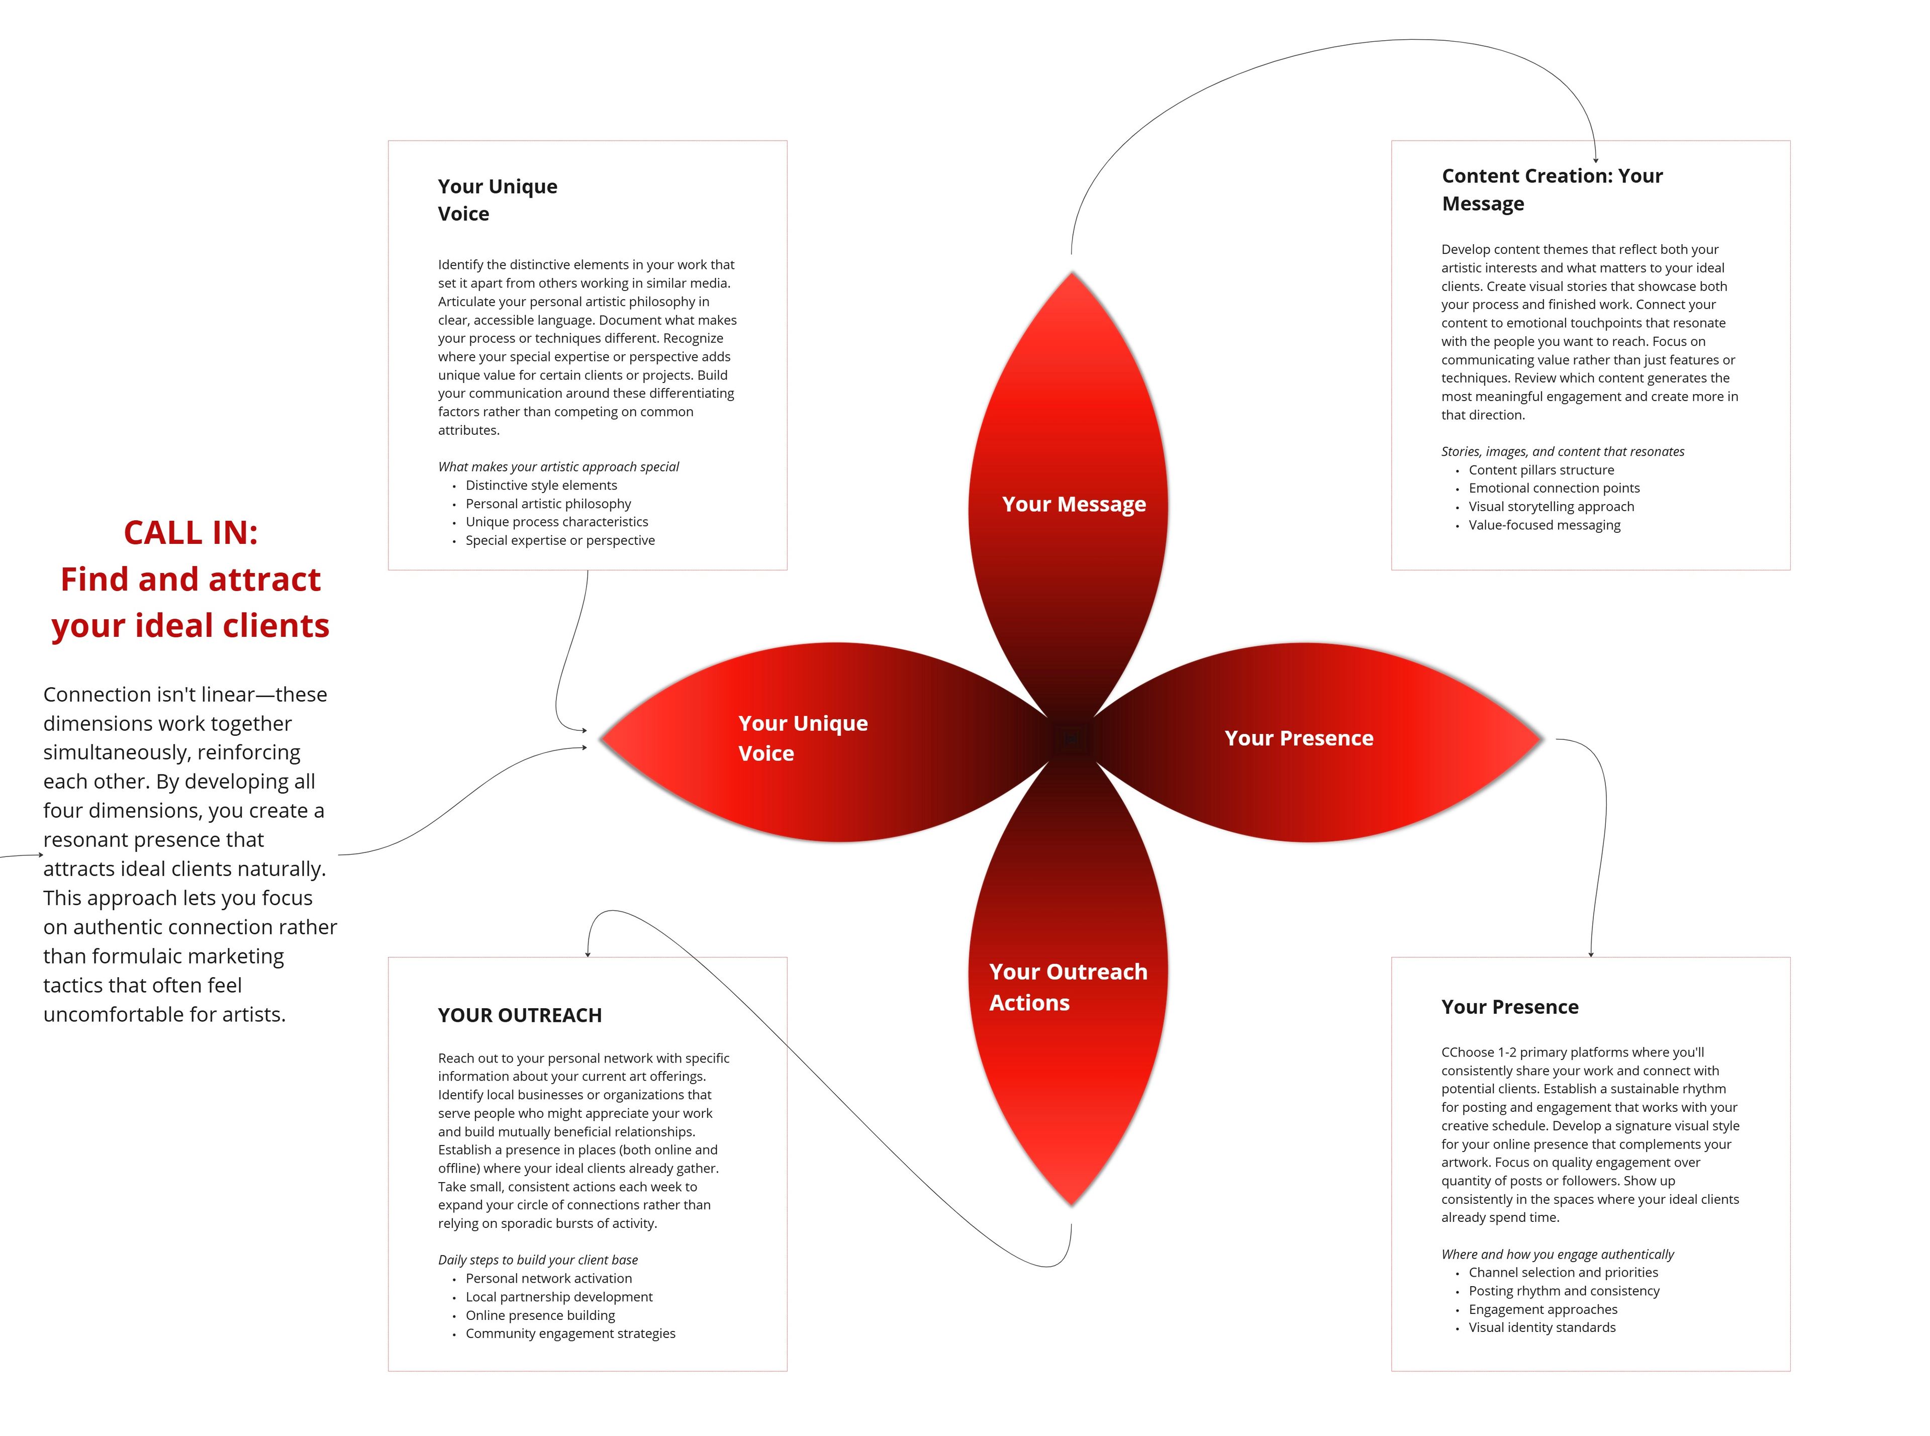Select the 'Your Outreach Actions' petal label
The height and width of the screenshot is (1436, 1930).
[x=1068, y=987]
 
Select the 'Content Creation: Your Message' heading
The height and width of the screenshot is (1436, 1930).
[x=1552, y=189]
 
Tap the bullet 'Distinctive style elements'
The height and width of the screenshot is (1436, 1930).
[x=541, y=485]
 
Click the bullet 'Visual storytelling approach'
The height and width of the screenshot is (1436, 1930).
[x=1551, y=506]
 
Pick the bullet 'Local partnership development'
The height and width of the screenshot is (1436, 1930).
[x=559, y=1296]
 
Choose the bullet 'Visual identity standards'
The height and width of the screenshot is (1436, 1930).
[x=1541, y=1327]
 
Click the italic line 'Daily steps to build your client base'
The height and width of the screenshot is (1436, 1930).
[x=538, y=1260]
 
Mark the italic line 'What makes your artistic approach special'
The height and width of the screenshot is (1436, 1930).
[x=559, y=467]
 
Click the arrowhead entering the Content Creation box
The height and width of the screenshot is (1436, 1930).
[x=1595, y=160]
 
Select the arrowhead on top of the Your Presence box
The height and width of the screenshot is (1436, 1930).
[x=1590, y=954]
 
